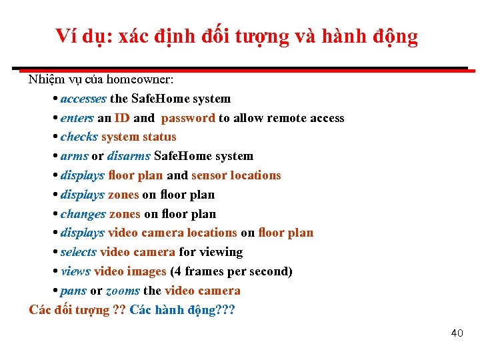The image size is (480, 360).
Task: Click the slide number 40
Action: click(457, 333)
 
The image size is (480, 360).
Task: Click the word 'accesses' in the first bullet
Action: click(83, 99)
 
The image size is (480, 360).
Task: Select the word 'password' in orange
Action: click(188, 118)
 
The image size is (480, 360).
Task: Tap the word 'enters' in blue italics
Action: click(77, 118)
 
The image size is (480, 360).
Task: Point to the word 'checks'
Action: click(79, 137)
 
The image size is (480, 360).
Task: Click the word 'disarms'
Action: click(129, 156)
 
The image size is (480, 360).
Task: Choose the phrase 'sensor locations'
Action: click(236, 175)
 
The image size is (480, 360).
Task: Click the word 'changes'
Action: click(83, 214)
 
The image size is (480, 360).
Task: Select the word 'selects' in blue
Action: click(79, 252)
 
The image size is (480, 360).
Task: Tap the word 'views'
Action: click(75, 271)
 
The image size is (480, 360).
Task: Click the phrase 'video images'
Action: click(130, 271)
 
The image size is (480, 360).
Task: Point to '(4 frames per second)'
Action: click(231, 271)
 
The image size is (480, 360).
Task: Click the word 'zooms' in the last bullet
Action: click(123, 291)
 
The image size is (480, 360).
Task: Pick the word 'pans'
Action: click(73, 291)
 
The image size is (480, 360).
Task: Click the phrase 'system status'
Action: click(139, 137)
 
